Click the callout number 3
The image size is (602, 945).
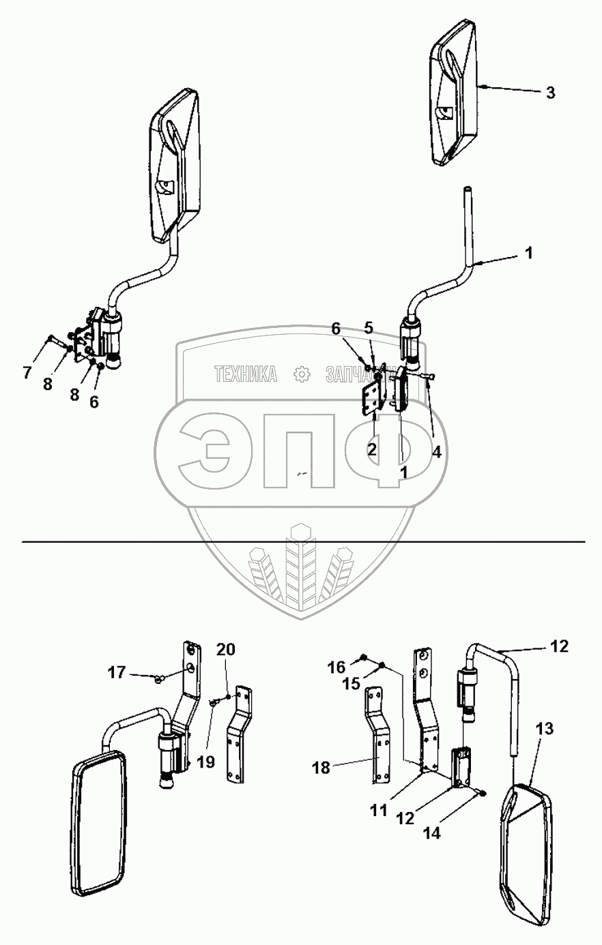pyautogui.click(x=551, y=93)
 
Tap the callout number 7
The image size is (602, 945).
pyautogui.click(x=27, y=372)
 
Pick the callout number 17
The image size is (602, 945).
pyautogui.click(x=117, y=672)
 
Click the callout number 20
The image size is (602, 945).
pyautogui.click(x=226, y=650)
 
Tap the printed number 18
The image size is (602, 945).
pyautogui.click(x=320, y=768)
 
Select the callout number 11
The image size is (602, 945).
pyautogui.click(x=378, y=810)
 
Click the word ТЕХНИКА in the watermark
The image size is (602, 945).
pyautogui.click(x=246, y=374)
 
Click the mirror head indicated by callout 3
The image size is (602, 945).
pyautogui.click(x=453, y=92)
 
